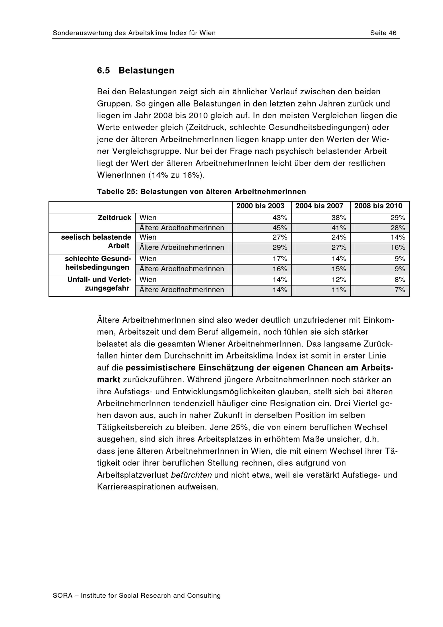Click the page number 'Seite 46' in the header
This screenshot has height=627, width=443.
383,33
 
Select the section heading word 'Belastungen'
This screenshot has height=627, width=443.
146,70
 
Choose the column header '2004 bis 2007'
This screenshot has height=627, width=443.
319,206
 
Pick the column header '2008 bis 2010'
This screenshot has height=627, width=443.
378,206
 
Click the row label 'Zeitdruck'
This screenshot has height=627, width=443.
115,218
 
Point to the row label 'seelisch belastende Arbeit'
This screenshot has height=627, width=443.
96,241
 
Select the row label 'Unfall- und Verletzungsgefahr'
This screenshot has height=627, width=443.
99,284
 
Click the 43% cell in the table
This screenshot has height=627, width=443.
280,218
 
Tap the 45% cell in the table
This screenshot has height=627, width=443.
280,228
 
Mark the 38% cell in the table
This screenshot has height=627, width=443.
339,218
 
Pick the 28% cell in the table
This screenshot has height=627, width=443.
398,228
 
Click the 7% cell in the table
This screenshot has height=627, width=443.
400,290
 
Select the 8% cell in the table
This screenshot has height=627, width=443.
400,280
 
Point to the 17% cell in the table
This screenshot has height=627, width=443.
280,259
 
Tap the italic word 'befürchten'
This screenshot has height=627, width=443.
191,475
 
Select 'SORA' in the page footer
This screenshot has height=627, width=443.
62,596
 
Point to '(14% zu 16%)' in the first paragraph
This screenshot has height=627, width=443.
176,175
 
